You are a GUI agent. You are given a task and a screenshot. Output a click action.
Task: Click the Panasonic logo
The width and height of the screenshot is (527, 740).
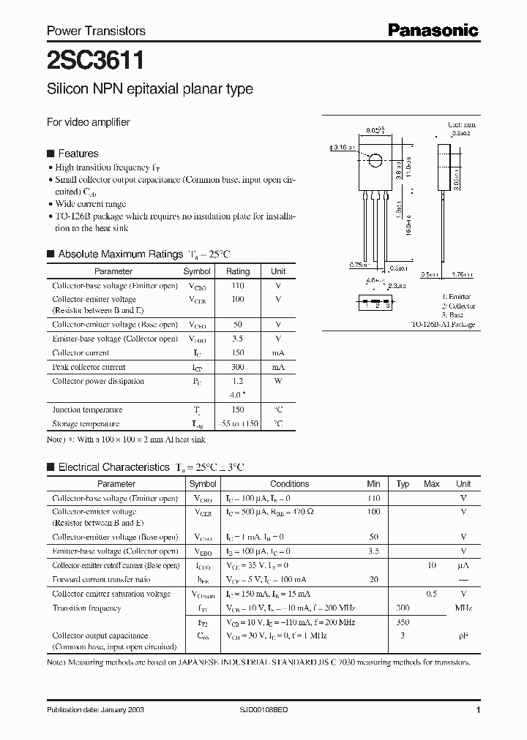pyautogui.click(x=433, y=31)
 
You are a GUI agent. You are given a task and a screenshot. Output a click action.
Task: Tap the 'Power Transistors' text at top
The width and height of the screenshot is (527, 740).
pyautogui.click(x=96, y=31)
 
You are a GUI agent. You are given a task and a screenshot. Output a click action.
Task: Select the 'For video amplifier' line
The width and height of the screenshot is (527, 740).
pyautogui.click(x=89, y=122)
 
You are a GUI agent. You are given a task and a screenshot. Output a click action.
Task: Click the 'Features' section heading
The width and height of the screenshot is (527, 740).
pyautogui.click(x=78, y=154)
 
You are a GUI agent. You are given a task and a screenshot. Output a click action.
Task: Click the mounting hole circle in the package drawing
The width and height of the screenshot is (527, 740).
pyautogui.click(x=374, y=160)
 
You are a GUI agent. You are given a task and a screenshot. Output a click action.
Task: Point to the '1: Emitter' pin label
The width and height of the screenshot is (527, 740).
pyautogui.click(x=456, y=297)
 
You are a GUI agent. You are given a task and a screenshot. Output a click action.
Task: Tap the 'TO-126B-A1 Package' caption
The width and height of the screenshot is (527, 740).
pyautogui.click(x=443, y=324)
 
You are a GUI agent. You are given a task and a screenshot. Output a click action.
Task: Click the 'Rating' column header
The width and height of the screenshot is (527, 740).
pyautogui.click(x=238, y=271)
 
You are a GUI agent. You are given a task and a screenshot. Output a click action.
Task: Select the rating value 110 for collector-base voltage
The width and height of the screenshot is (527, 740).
pyautogui.click(x=237, y=286)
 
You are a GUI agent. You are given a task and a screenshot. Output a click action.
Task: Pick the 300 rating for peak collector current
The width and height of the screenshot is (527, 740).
pyautogui.click(x=237, y=367)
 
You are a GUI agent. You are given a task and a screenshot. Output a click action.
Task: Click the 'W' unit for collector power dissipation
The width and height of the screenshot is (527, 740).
pyautogui.click(x=278, y=381)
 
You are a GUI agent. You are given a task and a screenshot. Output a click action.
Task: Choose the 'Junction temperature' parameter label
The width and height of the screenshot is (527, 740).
pyautogui.click(x=87, y=409)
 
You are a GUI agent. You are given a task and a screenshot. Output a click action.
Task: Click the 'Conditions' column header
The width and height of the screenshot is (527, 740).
pyautogui.click(x=290, y=484)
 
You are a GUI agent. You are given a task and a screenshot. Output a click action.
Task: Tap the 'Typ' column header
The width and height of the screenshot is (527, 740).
pyautogui.click(x=403, y=484)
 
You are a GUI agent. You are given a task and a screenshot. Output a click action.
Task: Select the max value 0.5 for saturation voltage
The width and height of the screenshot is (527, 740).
pyautogui.click(x=432, y=594)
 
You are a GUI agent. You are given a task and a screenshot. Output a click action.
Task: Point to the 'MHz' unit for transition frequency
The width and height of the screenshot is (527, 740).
pyautogui.click(x=463, y=608)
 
